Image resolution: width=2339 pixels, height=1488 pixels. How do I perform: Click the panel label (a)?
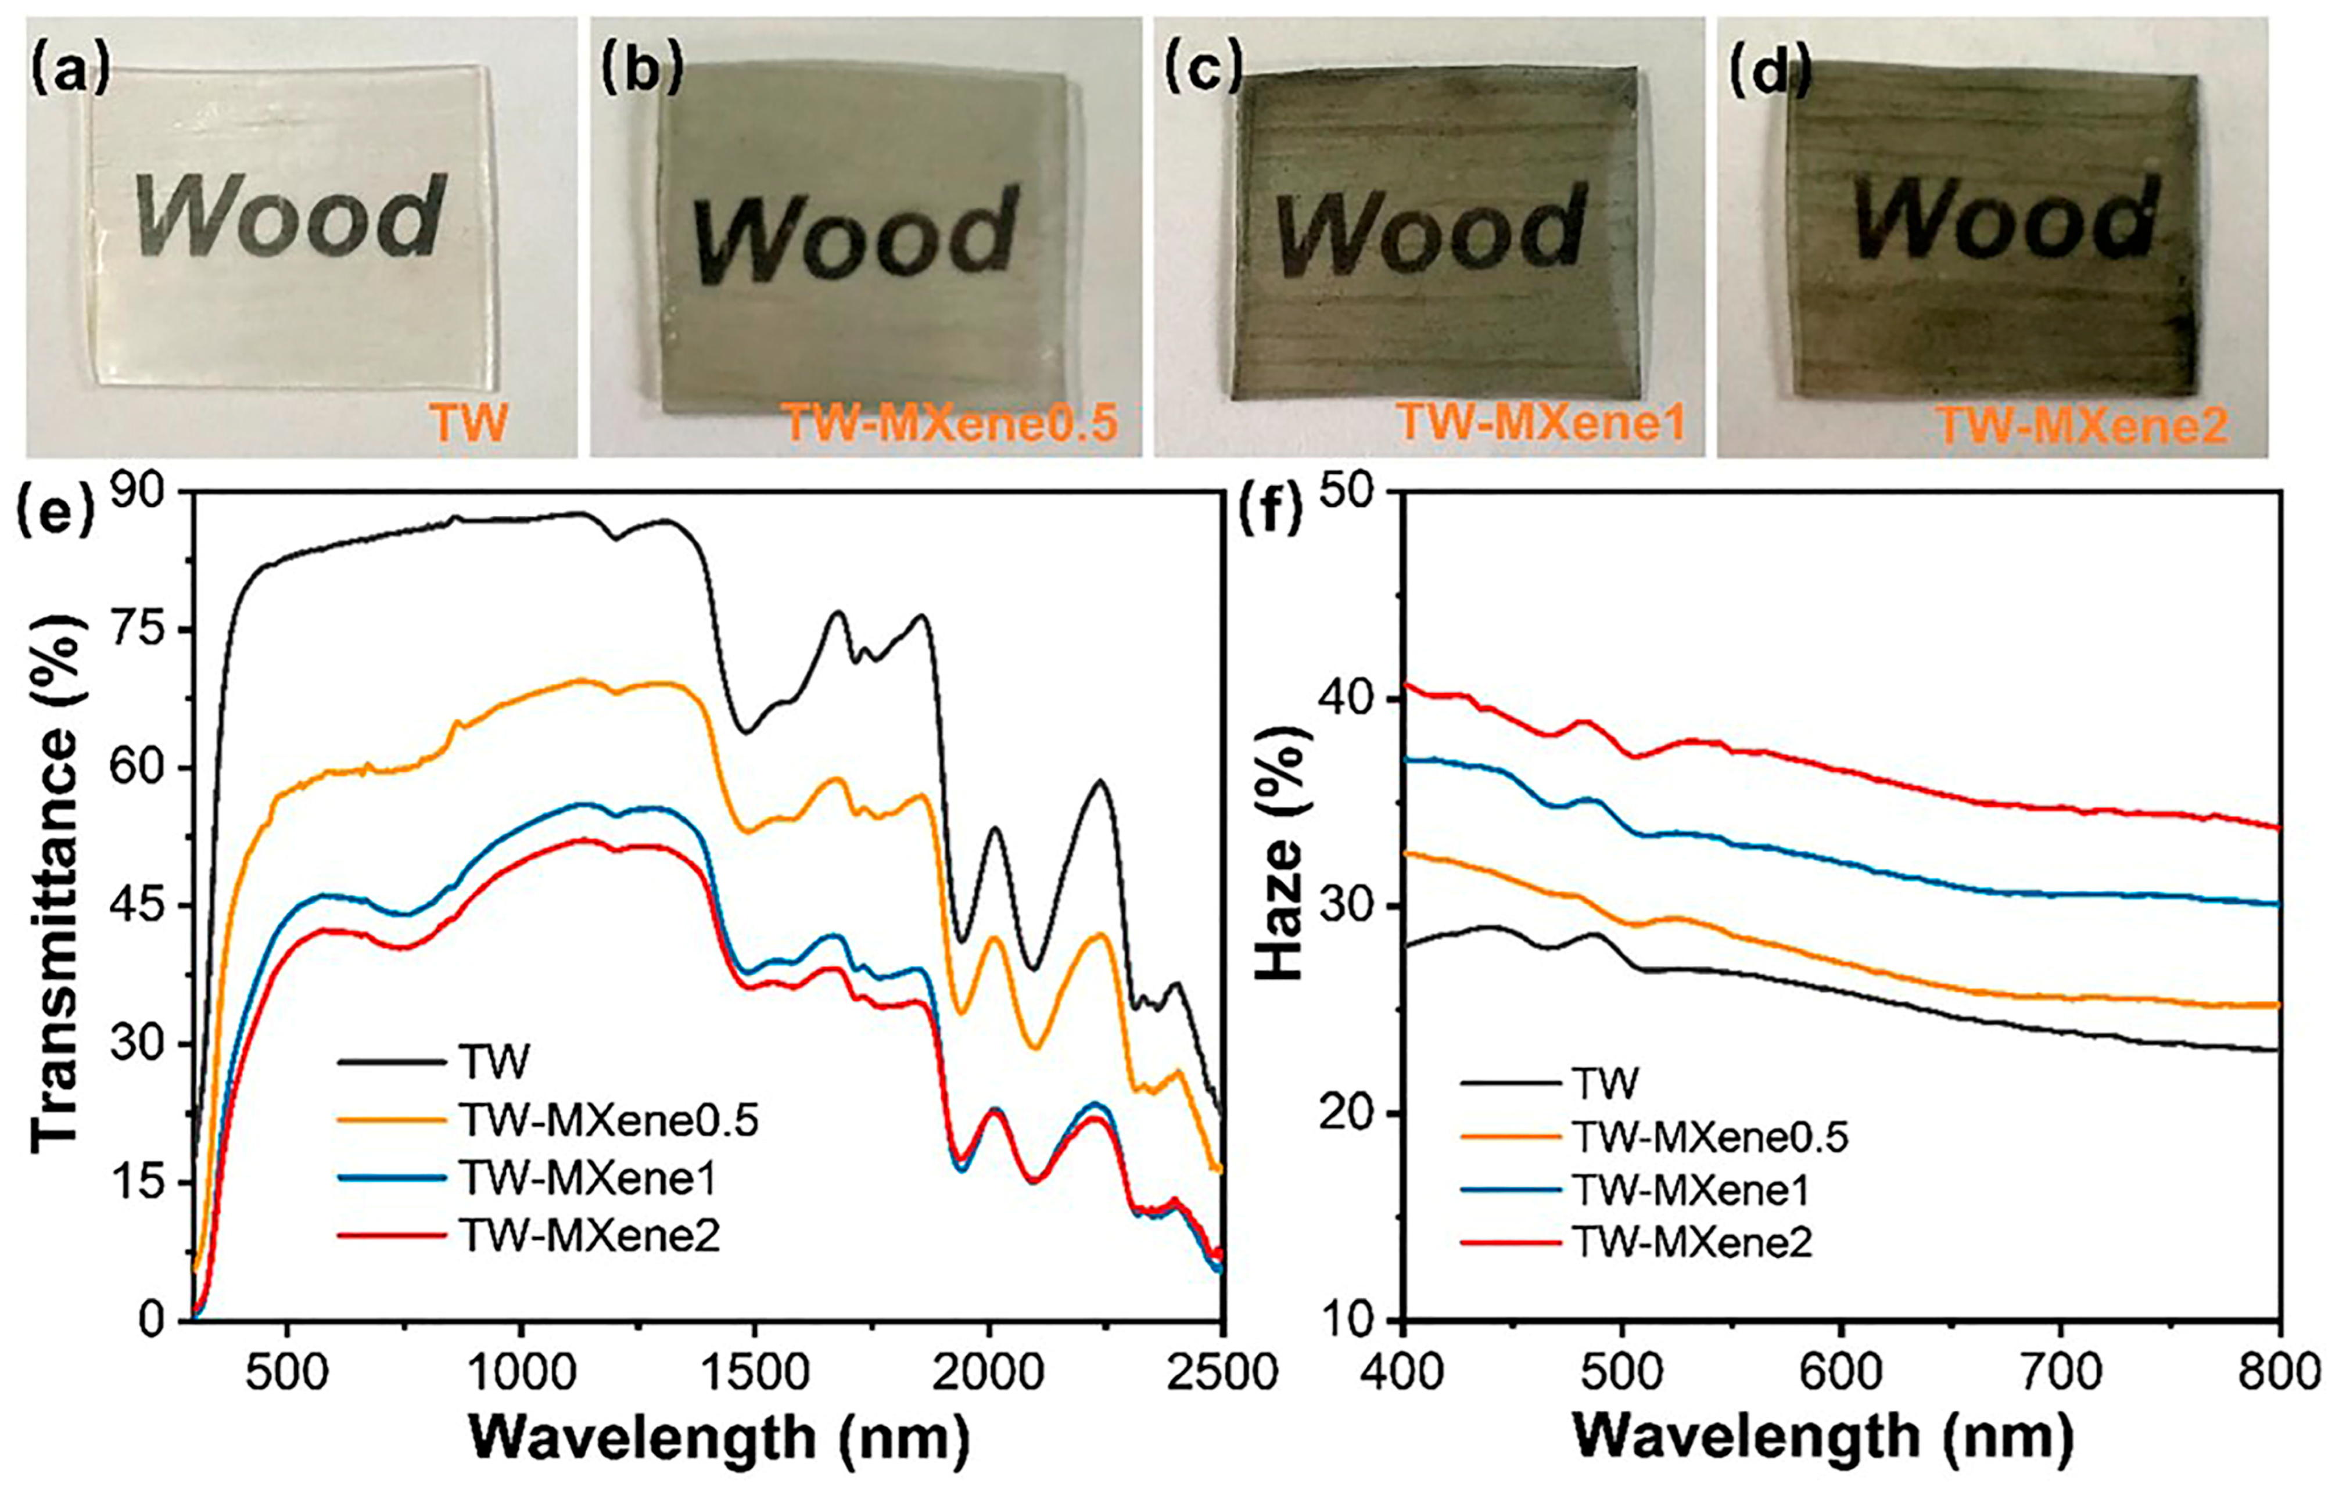70,70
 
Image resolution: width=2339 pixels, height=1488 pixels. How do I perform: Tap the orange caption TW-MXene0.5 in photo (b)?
951,425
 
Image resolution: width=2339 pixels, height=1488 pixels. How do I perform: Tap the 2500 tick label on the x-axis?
1222,1374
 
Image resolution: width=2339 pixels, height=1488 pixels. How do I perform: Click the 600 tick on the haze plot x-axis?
1841,1374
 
